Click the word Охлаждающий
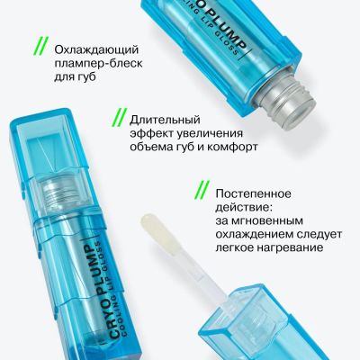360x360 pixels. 96,50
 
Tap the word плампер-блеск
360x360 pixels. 98,64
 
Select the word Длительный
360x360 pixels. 165,120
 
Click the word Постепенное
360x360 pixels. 254,193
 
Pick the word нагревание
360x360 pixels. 289,248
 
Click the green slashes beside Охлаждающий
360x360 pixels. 40,47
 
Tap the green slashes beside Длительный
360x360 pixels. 119,118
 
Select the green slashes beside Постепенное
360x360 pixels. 202,190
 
